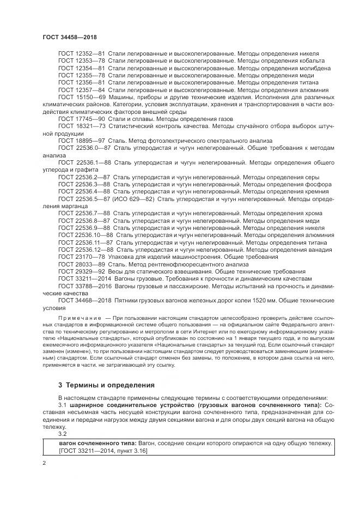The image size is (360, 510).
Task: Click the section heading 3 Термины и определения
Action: point(107,385)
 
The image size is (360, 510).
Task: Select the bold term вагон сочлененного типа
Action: point(97,443)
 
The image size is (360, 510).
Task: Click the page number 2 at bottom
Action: point(45,463)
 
